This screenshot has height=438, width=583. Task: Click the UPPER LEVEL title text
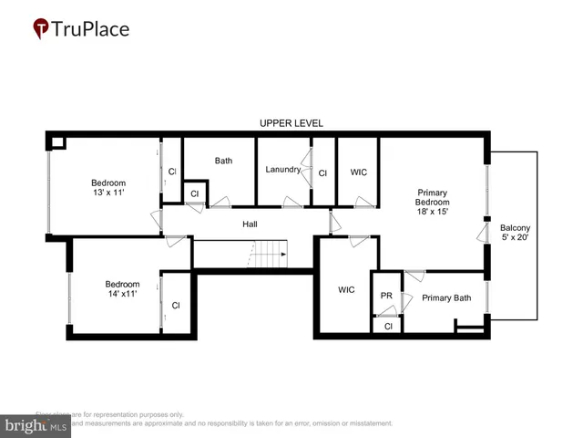(291, 123)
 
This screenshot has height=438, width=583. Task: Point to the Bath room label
(223, 161)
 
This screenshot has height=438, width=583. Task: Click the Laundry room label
(282, 170)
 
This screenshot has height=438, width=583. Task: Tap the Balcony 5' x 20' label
(514, 233)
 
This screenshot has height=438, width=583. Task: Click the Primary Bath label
(446, 297)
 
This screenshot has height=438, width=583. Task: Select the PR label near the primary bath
(386, 296)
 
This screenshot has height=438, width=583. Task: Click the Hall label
(250, 224)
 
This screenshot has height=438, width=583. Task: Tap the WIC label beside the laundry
(358, 172)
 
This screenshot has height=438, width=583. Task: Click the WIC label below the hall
(346, 290)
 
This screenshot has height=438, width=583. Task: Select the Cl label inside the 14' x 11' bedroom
(176, 305)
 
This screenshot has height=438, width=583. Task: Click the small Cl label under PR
(388, 326)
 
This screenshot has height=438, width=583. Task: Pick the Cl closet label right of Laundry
(322, 172)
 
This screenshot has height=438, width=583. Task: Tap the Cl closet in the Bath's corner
(194, 193)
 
